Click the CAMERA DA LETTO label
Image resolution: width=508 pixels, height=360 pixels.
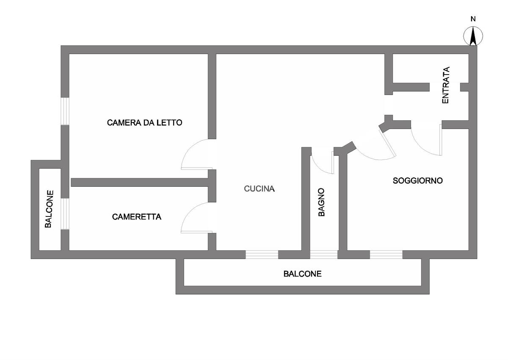144,123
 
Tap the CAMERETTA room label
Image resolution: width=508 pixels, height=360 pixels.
137,217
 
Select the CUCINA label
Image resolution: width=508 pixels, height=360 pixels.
260,189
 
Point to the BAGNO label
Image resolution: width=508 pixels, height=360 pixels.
321,202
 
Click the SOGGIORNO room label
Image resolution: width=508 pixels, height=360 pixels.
417,180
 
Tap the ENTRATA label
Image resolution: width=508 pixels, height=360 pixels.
445,86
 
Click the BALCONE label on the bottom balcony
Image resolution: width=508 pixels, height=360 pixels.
302,274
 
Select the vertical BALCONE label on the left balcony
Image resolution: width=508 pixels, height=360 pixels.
48,209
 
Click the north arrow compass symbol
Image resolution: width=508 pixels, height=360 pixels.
473,36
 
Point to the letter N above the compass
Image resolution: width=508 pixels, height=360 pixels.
473,19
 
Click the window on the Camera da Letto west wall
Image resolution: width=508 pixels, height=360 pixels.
65,111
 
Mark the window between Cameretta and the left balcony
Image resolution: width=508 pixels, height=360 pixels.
65,213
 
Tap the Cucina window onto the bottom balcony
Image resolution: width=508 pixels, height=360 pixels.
262,255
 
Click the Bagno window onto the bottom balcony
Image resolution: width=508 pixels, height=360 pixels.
324,255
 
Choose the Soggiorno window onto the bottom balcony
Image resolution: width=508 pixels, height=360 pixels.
386,255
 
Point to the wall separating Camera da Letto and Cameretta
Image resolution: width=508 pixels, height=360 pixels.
140,182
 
